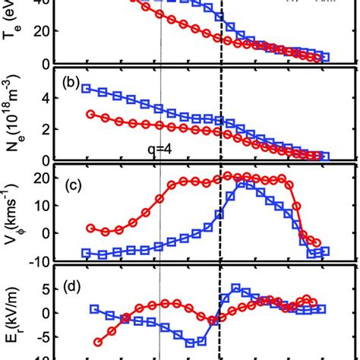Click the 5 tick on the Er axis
52,289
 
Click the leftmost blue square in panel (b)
86,89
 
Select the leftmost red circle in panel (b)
91,114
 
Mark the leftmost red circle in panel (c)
91,228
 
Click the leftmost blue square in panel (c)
86,253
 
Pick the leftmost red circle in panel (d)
97,343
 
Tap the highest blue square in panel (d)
236,288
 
